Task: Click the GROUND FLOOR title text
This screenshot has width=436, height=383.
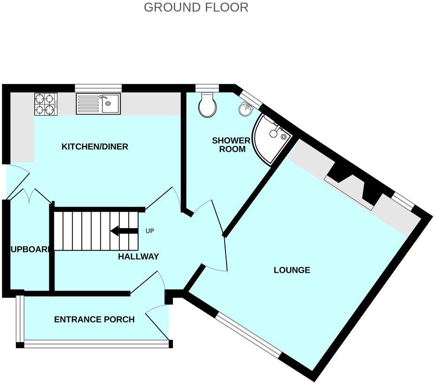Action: (x=196, y=8)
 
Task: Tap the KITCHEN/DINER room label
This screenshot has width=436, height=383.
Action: (x=95, y=147)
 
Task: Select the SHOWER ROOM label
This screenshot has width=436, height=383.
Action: (x=231, y=145)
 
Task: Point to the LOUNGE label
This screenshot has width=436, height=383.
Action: (x=292, y=270)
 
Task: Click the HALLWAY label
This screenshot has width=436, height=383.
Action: (x=138, y=257)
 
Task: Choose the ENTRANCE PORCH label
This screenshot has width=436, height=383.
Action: (x=94, y=320)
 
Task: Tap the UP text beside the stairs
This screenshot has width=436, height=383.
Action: (x=150, y=231)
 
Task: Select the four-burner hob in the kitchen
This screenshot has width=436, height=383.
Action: (x=46, y=104)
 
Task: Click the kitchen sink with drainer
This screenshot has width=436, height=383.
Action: (x=98, y=104)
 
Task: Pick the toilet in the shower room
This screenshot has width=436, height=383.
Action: (x=207, y=105)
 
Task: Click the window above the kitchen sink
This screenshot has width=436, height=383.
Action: (x=98, y=87)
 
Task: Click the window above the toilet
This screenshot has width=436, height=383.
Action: (x=207, y=87)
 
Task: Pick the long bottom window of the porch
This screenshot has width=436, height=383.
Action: (x=96, y=345)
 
